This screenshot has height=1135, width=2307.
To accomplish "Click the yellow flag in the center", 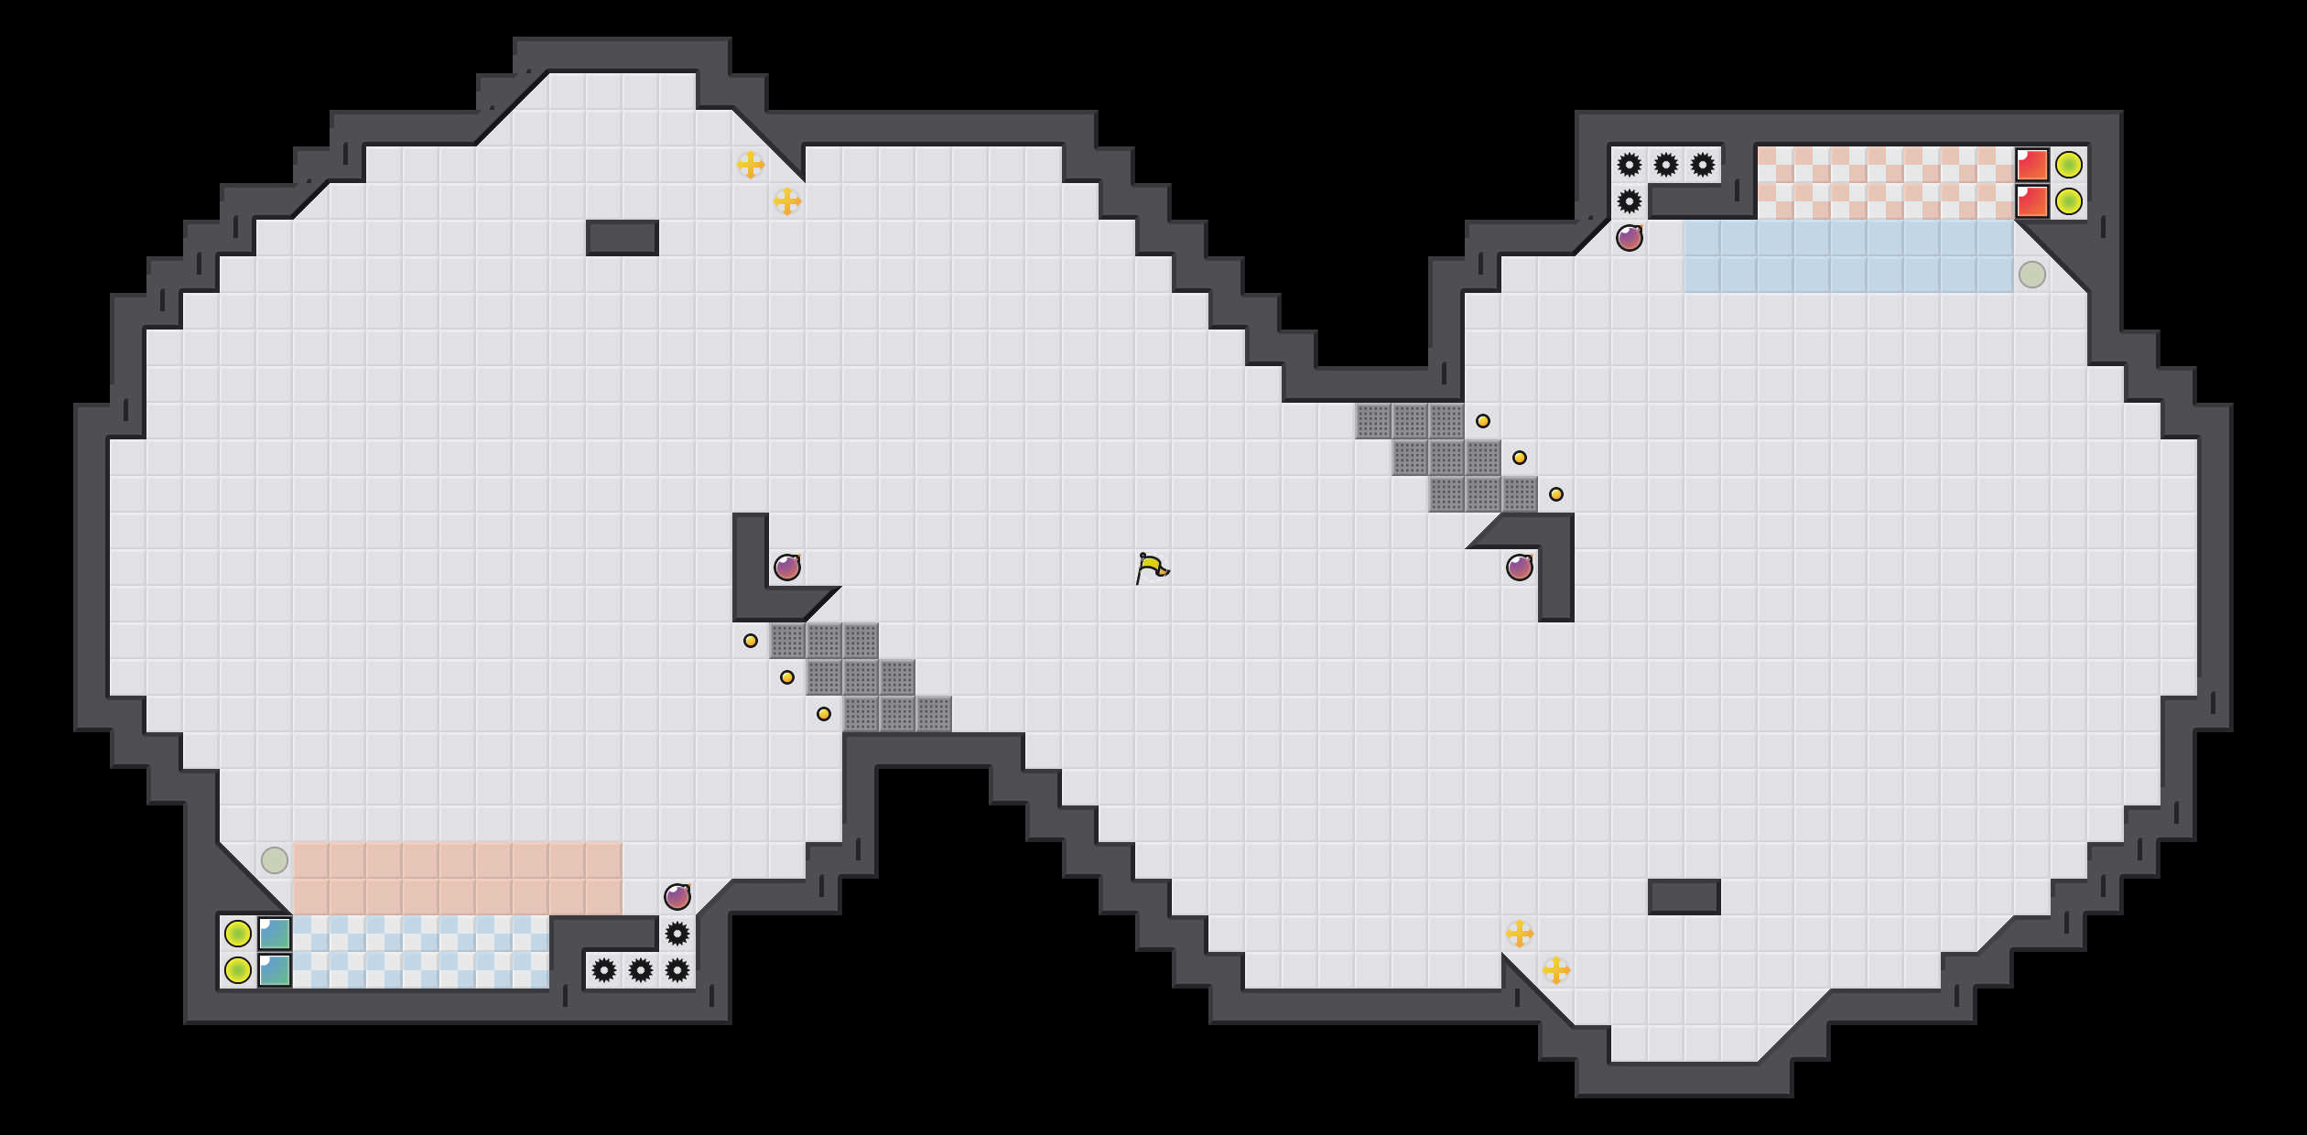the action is [x=1151, y=567].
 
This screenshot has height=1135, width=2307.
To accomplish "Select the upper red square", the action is [x=2032, y=165].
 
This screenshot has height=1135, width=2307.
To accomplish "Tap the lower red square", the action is [x=2032, y=201].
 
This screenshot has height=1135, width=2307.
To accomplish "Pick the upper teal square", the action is [x=275, y=934].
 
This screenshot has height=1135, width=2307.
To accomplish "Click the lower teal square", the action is [x=275, y=970].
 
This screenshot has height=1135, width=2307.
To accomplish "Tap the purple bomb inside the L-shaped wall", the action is [x=787, y=567].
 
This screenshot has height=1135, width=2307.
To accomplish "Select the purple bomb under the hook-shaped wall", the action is [x=1520, y=567].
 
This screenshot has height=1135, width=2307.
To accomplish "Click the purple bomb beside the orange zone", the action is [x=677, y=897].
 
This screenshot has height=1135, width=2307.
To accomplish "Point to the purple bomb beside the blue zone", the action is [x=1630, y=238].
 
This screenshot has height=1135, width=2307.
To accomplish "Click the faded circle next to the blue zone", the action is [x=2032, y=275].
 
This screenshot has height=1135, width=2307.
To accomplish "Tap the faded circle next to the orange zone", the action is [x=275, y=860].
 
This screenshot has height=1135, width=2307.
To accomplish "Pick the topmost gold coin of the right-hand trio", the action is [x=1483, y=421].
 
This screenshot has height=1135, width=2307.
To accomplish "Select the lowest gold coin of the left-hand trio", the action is [x=824, y=714].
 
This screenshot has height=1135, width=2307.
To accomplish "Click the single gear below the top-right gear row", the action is [x=1630, y=201].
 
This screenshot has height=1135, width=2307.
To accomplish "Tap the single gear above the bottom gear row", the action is [x=677, y=934].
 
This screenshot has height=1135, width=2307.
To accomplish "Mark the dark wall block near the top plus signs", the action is [x=623, y=238].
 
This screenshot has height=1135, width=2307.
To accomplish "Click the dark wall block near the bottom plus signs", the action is [x=1684, y=897].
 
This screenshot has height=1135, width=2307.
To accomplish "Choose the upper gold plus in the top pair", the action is [x=751, y=165].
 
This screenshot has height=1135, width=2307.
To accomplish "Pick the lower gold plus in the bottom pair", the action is [x=1556, y=970].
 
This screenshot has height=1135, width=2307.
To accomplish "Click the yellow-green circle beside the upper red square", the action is [x=2069, y=165].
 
